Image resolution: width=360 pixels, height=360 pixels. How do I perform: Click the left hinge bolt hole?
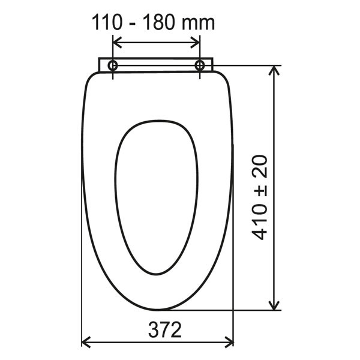[x=113, y=65]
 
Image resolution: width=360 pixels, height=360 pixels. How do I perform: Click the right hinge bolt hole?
[x=200, y=65]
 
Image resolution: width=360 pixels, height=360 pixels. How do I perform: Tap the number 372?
[x=165, y=329]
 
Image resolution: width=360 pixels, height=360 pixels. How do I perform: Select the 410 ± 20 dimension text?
[x=260, y=197]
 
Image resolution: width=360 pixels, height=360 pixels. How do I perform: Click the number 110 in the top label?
[x=107, y=23]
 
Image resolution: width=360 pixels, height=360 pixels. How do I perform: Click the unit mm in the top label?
[x=199, y=25]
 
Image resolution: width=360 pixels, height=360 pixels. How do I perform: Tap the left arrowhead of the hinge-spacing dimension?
[x=118, y=43]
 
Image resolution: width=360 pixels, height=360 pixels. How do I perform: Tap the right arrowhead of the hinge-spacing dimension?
[x=195, y=43]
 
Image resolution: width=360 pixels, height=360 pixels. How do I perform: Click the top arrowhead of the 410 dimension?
[x=274, y=70]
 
